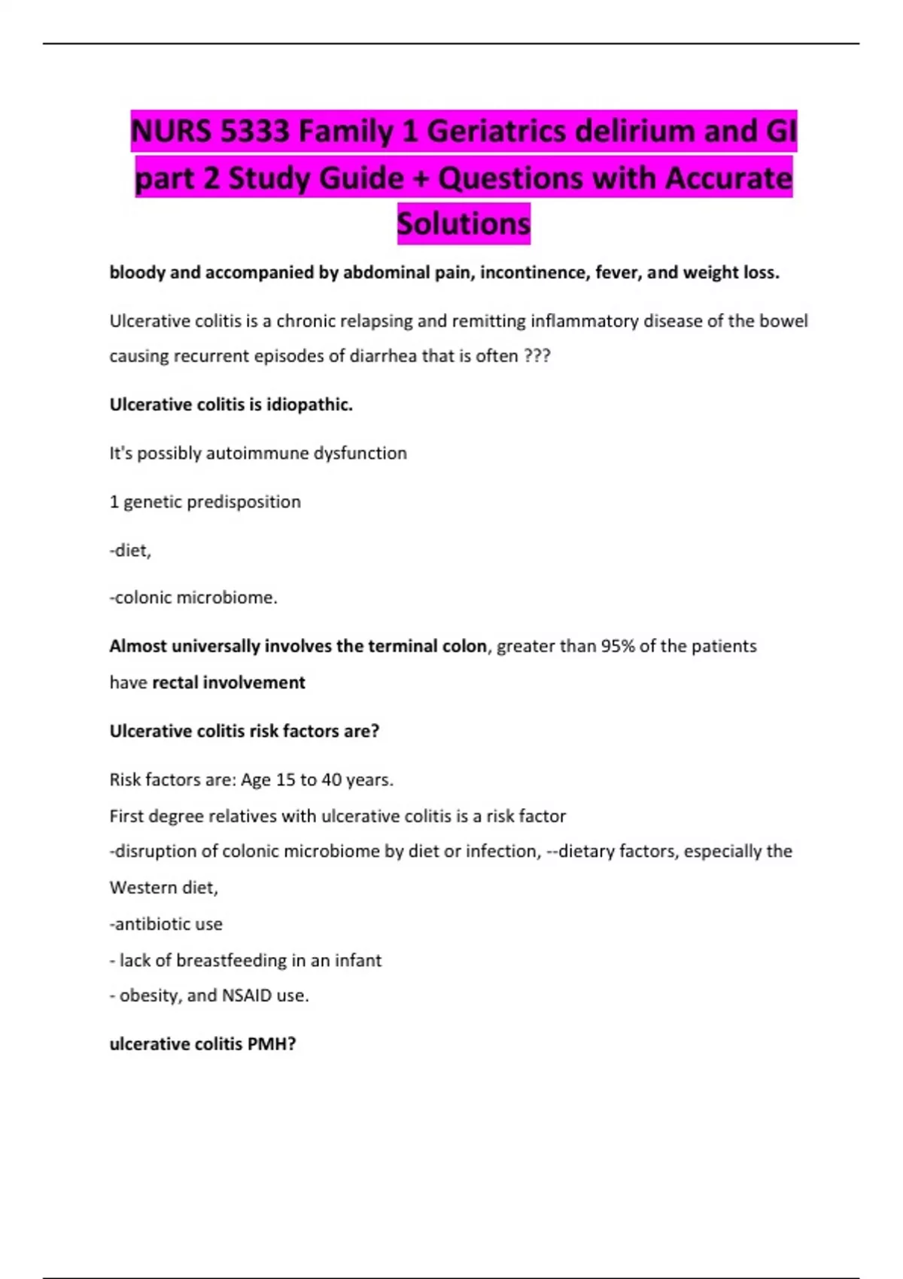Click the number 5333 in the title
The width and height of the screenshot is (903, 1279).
255,132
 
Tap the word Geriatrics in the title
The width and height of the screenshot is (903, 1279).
496,132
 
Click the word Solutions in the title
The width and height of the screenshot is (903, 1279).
464,223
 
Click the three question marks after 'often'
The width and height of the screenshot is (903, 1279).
537,356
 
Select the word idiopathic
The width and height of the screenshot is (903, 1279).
309,405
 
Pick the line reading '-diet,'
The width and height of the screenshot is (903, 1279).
131,551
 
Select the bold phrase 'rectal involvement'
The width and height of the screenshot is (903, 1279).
229,682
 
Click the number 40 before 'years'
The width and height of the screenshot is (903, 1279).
332,779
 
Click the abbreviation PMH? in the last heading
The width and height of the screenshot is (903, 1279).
272,1044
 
